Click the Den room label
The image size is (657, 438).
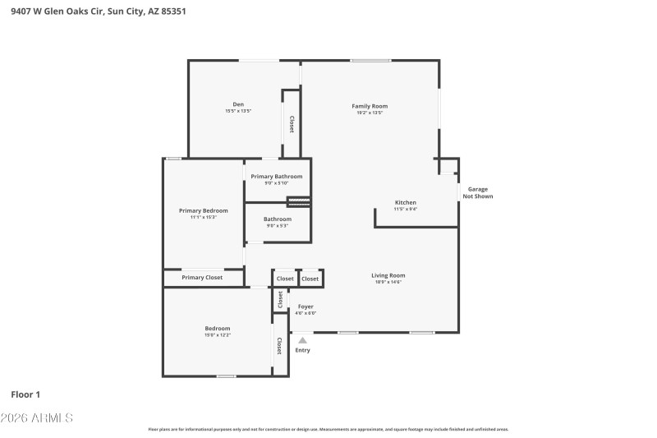[238, 104]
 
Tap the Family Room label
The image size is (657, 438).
[370, 106]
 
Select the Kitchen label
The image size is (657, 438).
[406, 202]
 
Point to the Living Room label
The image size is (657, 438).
[388, 275]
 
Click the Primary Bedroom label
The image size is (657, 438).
[204, 210]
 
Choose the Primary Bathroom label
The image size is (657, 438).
[277, 177]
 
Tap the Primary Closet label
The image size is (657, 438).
[202, 278]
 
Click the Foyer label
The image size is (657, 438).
[306, 307]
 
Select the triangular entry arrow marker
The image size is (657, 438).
[303, 339]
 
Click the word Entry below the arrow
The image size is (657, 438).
[303, 350]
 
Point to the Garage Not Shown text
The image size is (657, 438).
[478, 193]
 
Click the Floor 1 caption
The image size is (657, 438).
[25, 394]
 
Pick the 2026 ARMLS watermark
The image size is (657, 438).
[37, 418]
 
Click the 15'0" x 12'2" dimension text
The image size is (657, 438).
[218, 335]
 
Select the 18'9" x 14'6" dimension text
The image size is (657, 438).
[388, 283]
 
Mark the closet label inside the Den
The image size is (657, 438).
[292, 124]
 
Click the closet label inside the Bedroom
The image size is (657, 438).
[279, 346]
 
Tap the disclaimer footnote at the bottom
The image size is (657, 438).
[328, 429]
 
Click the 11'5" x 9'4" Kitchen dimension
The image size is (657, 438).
[406, 210]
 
